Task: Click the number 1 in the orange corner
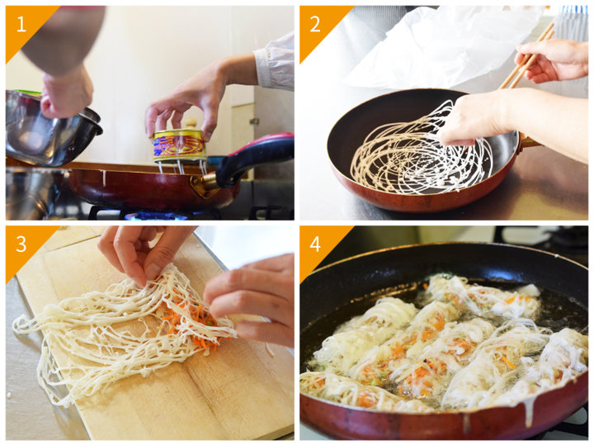click(21, 24)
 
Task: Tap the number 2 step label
click(315, 24)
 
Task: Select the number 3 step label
click(21, 244)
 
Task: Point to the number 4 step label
click(315, 244)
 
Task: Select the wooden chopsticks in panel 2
click(526, 56)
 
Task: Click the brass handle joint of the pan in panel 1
click(205, 186)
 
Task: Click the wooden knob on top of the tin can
click(191, 124)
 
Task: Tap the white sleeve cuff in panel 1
click(274, 63)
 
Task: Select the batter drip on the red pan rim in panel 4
click(530, 409)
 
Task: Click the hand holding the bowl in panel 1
click(67, 93)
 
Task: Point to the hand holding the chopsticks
click(551, 60)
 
